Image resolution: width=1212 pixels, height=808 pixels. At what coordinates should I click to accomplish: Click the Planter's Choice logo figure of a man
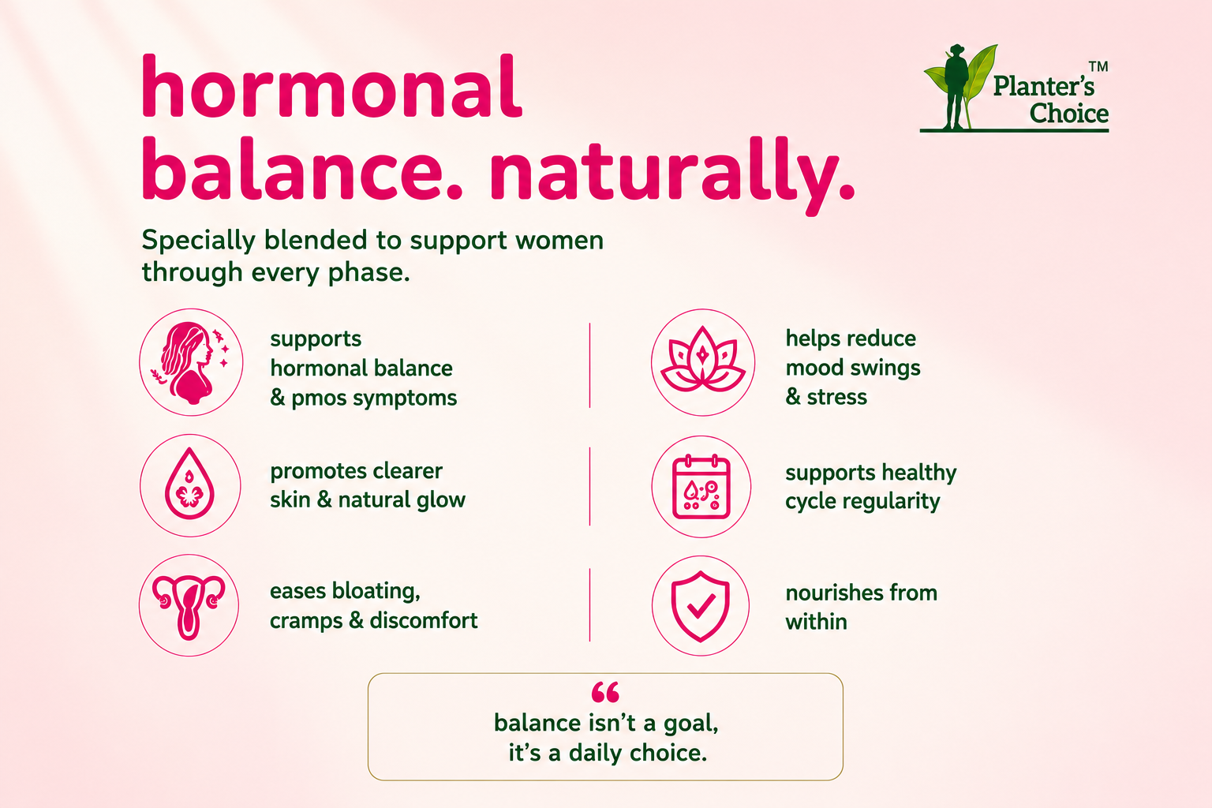(956, 87)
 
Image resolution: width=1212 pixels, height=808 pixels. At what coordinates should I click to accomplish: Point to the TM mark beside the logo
(1098, 66)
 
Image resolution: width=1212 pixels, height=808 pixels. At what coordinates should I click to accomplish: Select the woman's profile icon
(191, 361)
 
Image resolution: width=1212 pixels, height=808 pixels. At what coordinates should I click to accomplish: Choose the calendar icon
(701, 487)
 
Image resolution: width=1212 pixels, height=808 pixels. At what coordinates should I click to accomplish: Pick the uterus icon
(189, 606)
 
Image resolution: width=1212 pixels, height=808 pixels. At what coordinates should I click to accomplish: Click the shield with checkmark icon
(701, 605)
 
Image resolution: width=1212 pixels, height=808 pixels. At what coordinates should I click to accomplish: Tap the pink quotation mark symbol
(605, 692)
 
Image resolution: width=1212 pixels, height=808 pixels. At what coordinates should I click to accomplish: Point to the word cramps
(305, 621)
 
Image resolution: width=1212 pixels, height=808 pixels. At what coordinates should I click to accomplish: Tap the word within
(816, 622)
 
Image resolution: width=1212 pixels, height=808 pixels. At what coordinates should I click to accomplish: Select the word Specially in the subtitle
(199, 241)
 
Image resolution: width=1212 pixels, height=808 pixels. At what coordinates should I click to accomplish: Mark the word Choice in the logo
(1068, 114)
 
